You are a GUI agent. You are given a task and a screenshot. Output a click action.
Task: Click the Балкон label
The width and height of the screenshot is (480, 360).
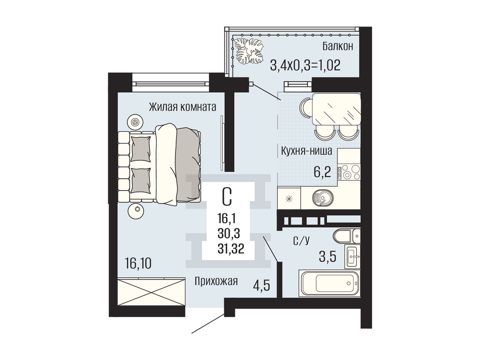(x=337, y=46)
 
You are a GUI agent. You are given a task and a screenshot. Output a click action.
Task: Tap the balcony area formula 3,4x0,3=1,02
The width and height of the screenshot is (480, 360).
(x=305, y=65)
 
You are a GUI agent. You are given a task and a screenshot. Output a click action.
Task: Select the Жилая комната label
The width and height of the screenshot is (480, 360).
(x=182, y=107)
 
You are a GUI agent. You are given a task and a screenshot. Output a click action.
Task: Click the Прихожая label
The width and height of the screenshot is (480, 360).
(x=216, y=281)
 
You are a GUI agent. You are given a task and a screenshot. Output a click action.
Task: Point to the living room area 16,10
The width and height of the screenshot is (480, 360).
(x=138, y=263)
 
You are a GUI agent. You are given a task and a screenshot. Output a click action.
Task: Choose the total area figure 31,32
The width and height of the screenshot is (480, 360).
(x=231, y=249)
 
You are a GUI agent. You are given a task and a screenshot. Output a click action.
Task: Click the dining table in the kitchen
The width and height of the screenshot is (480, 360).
(x=336, y=109)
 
